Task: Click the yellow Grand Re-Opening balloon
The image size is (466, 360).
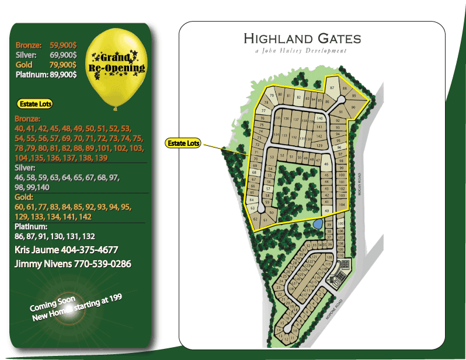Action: pyautogui.click(x=116, y=67)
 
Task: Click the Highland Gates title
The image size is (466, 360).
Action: pyautogui.click(x=302, y=39)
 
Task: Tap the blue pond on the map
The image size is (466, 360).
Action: pyautogui.click(x=317, y=223)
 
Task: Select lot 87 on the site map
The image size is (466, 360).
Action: pyautogui.click(x=332, y=88)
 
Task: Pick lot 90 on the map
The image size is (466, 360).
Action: pyautogui.click(x=353, y=107)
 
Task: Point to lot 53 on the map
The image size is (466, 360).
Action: pyautogui.click(x=272, y=157)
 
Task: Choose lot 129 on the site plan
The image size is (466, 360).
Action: pyautogui.click(x=319, y=145)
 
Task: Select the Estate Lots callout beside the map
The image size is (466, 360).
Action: pyautogui.click(x=183, y=143)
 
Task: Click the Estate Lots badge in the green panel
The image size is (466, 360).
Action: pyautogui.click(x=36, y=104)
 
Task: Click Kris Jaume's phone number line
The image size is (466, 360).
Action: pyautogui.click(x=70, y=250)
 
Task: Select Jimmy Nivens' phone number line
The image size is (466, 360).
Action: pyautogui.click(x=72, y=264)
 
